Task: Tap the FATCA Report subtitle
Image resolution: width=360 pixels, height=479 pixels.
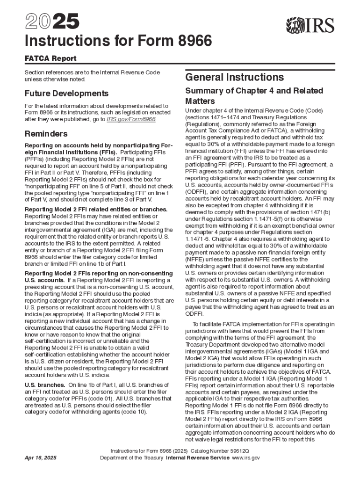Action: [50, 58]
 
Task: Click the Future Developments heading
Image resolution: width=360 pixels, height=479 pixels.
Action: [66, 93]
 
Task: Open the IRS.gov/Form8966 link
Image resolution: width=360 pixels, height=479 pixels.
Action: [131, 119]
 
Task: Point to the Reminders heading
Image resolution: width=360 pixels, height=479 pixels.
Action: [46, 134]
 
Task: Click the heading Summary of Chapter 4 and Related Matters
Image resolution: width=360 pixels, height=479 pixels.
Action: [247, 95]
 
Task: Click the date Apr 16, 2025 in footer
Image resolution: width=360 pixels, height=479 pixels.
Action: [41, 458]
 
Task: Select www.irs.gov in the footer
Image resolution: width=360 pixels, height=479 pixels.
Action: [246, 458]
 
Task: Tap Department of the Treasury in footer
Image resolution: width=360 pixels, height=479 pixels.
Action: [132, 458]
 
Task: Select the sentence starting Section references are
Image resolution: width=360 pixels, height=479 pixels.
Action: [92, 76]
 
